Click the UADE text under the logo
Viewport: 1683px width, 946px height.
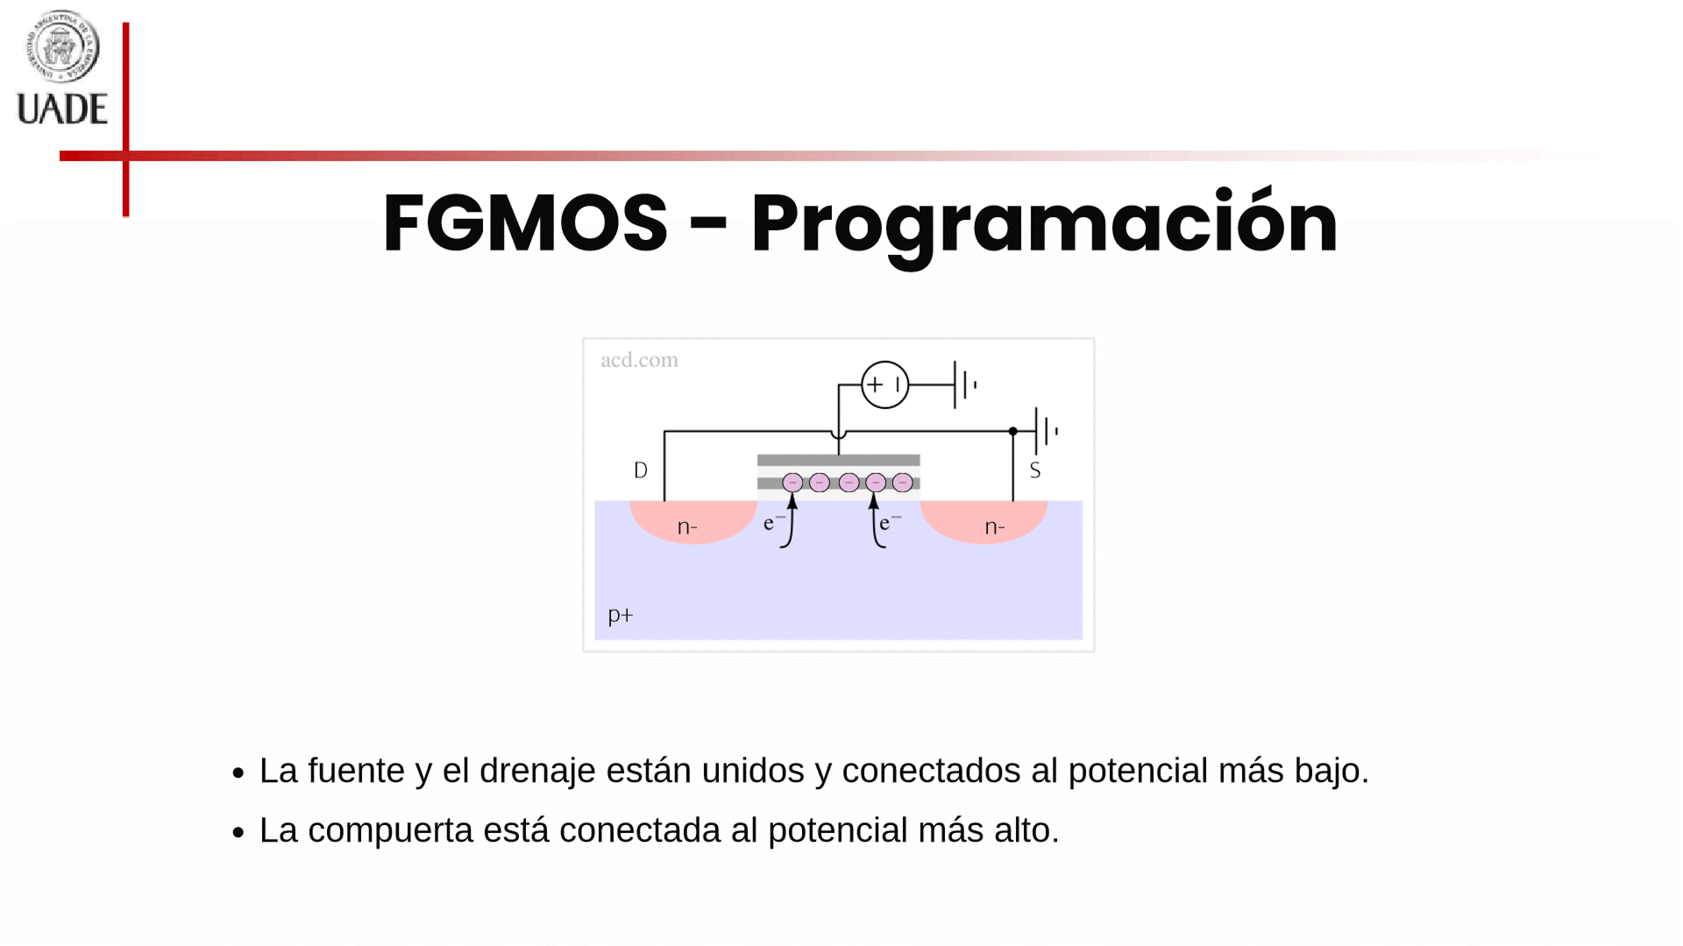(x=62, y=109)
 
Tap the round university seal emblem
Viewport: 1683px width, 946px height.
(x=62, y=46)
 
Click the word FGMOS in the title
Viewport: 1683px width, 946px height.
(x=525, y=223)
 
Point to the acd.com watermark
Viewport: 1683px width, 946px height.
(x=639, y=360)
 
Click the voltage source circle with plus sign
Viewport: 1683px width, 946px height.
(x=884, y=385)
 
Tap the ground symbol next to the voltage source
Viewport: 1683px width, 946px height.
(x=964, y=385)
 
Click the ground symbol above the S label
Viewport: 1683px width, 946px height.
(x=1046, y=431)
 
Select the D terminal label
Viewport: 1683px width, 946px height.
(x=641, y=470)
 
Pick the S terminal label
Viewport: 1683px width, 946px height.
(x=1035, y=470)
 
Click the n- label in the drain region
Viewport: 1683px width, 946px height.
(x=687, y=527)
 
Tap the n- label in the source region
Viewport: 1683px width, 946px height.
(x=995, y=527)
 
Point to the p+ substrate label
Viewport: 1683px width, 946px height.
(x=620, y=615)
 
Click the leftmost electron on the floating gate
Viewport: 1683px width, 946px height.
(x=792, y=483)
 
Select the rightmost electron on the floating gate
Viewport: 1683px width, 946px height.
(x=902, y=483)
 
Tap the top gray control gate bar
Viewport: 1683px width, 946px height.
(x=839, y=460)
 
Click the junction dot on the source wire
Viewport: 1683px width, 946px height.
(x=1012, y=431)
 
